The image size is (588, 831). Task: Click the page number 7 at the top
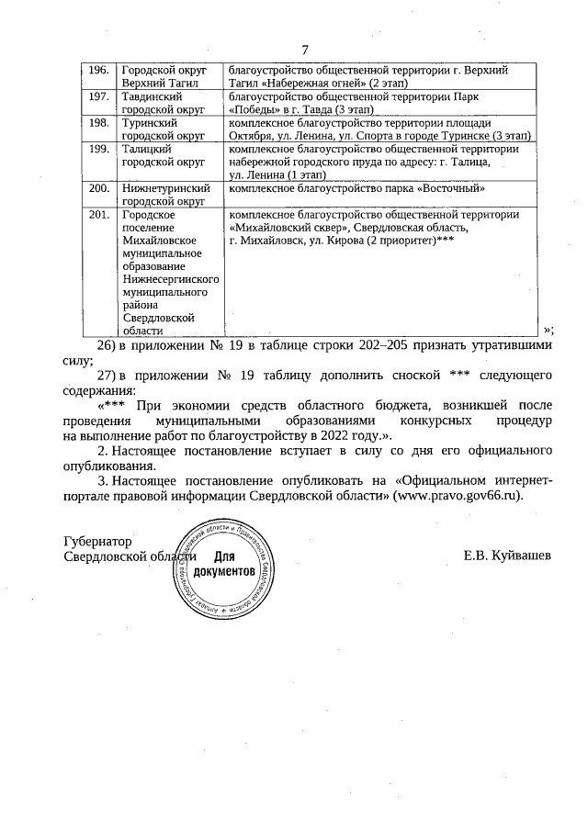(x=305, y=49)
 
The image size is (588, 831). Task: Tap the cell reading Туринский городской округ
(x=164, y=129)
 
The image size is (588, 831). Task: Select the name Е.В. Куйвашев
(x=507, y=556)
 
